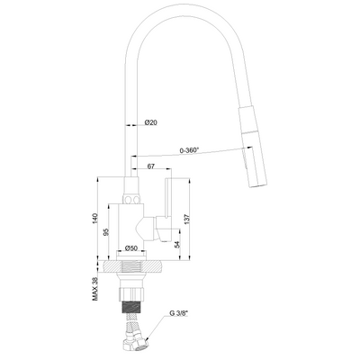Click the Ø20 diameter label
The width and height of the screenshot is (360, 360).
150,122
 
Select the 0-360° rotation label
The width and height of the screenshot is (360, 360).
189,150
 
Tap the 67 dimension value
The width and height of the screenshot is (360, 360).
151,166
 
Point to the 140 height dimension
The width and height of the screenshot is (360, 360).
95,219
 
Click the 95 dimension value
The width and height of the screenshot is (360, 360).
105,232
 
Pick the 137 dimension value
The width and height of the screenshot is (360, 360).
186,220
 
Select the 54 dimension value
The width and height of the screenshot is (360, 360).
177,244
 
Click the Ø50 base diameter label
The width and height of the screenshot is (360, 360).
130,248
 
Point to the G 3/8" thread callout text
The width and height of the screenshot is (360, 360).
178,313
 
